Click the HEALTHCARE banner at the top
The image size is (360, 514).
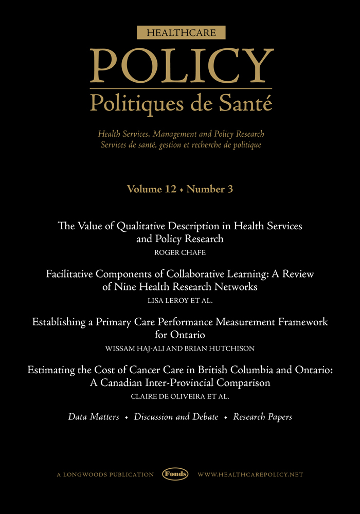coord(179,33)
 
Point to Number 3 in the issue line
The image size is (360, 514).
coord(210,189)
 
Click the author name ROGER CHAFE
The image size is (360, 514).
coord(179,252)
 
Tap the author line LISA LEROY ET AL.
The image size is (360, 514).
coord(179,300)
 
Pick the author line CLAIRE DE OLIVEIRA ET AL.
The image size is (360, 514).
coord(179,396)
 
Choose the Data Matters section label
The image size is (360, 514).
coord(94,417)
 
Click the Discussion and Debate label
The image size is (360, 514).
coord(176,417)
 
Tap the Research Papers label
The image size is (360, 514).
coord(262,417)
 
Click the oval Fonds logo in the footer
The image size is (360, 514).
coord(175,474)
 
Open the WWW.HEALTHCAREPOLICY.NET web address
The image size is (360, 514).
coord(250,474)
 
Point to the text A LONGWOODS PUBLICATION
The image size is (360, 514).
coord(105,474)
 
